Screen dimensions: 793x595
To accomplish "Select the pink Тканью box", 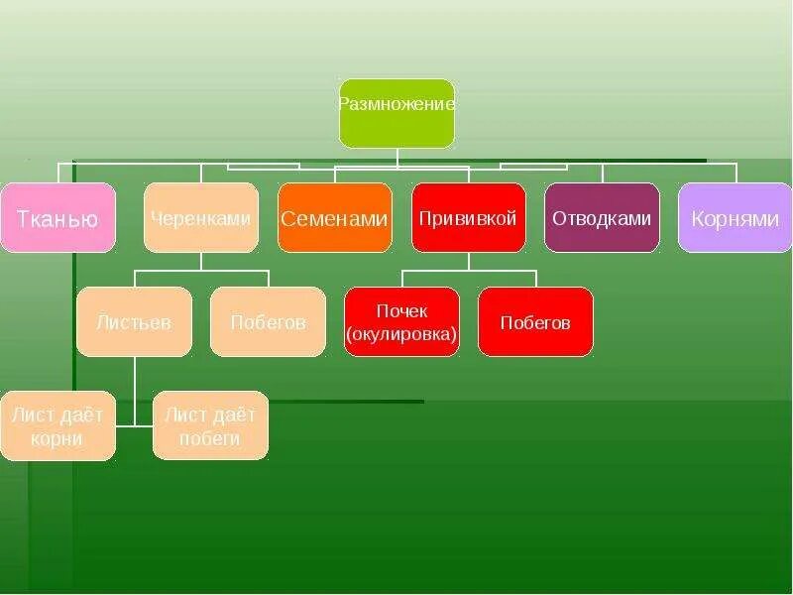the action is click(57, 217).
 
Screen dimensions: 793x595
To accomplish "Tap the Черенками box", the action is click(201, 217).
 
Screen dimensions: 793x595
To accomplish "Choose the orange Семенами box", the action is click(334, 217).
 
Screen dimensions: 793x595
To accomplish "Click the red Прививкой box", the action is click(468, 217).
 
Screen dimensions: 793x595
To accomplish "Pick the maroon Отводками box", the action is click(602, 217).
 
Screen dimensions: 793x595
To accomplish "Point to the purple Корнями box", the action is click(736, 217).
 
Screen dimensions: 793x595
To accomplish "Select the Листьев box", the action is click(134, 321).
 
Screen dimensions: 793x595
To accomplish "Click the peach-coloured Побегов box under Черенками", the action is click(268, 321).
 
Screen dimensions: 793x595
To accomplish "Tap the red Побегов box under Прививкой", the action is click(535, 321).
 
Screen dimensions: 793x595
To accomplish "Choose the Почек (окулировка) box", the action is click(402, 321).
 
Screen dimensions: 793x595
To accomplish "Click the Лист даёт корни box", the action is click(57, 425).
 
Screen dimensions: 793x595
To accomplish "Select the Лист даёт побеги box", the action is click(210, 425).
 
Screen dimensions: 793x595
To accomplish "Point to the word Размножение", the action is click(396, 102).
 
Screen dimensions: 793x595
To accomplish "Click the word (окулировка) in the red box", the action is click(402, 334).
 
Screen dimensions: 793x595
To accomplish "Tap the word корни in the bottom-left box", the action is click(57, 438).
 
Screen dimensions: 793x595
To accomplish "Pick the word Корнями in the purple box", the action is click(736, 219).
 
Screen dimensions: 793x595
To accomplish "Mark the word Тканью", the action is click(57, 219).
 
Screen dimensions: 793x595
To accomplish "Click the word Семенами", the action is click(334, 219).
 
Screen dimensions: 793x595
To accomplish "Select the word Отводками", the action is click(602, 218).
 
